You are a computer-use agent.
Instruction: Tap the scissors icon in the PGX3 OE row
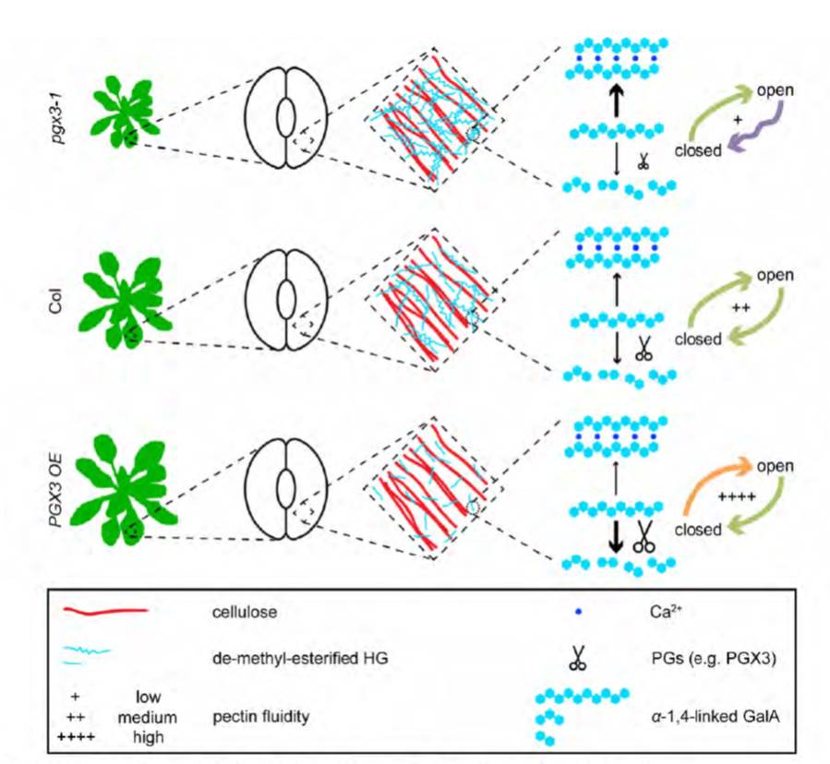coord(644,538)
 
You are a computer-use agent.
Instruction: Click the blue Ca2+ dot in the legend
coord(578,611)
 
